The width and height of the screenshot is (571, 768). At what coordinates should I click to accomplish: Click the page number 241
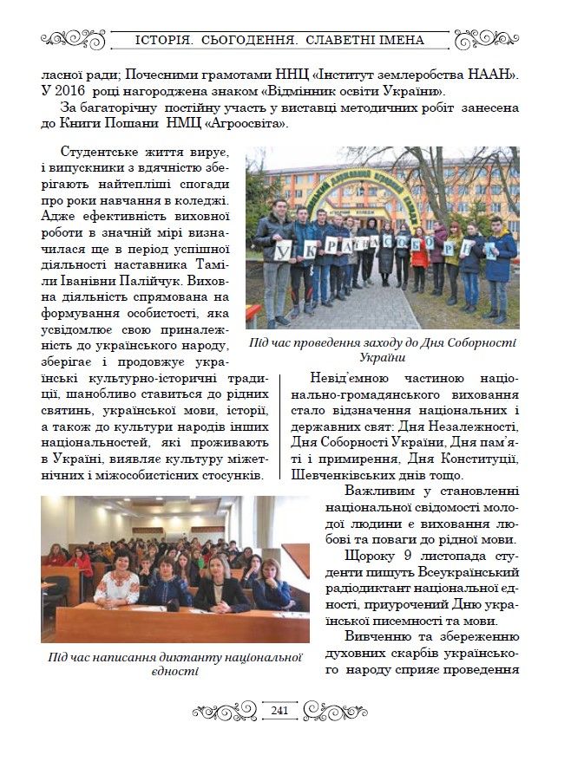click(279, 711)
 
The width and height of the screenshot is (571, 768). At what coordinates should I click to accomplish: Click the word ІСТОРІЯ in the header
click(169, 40)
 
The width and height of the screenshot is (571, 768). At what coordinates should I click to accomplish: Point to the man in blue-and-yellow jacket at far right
click(501, 260)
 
